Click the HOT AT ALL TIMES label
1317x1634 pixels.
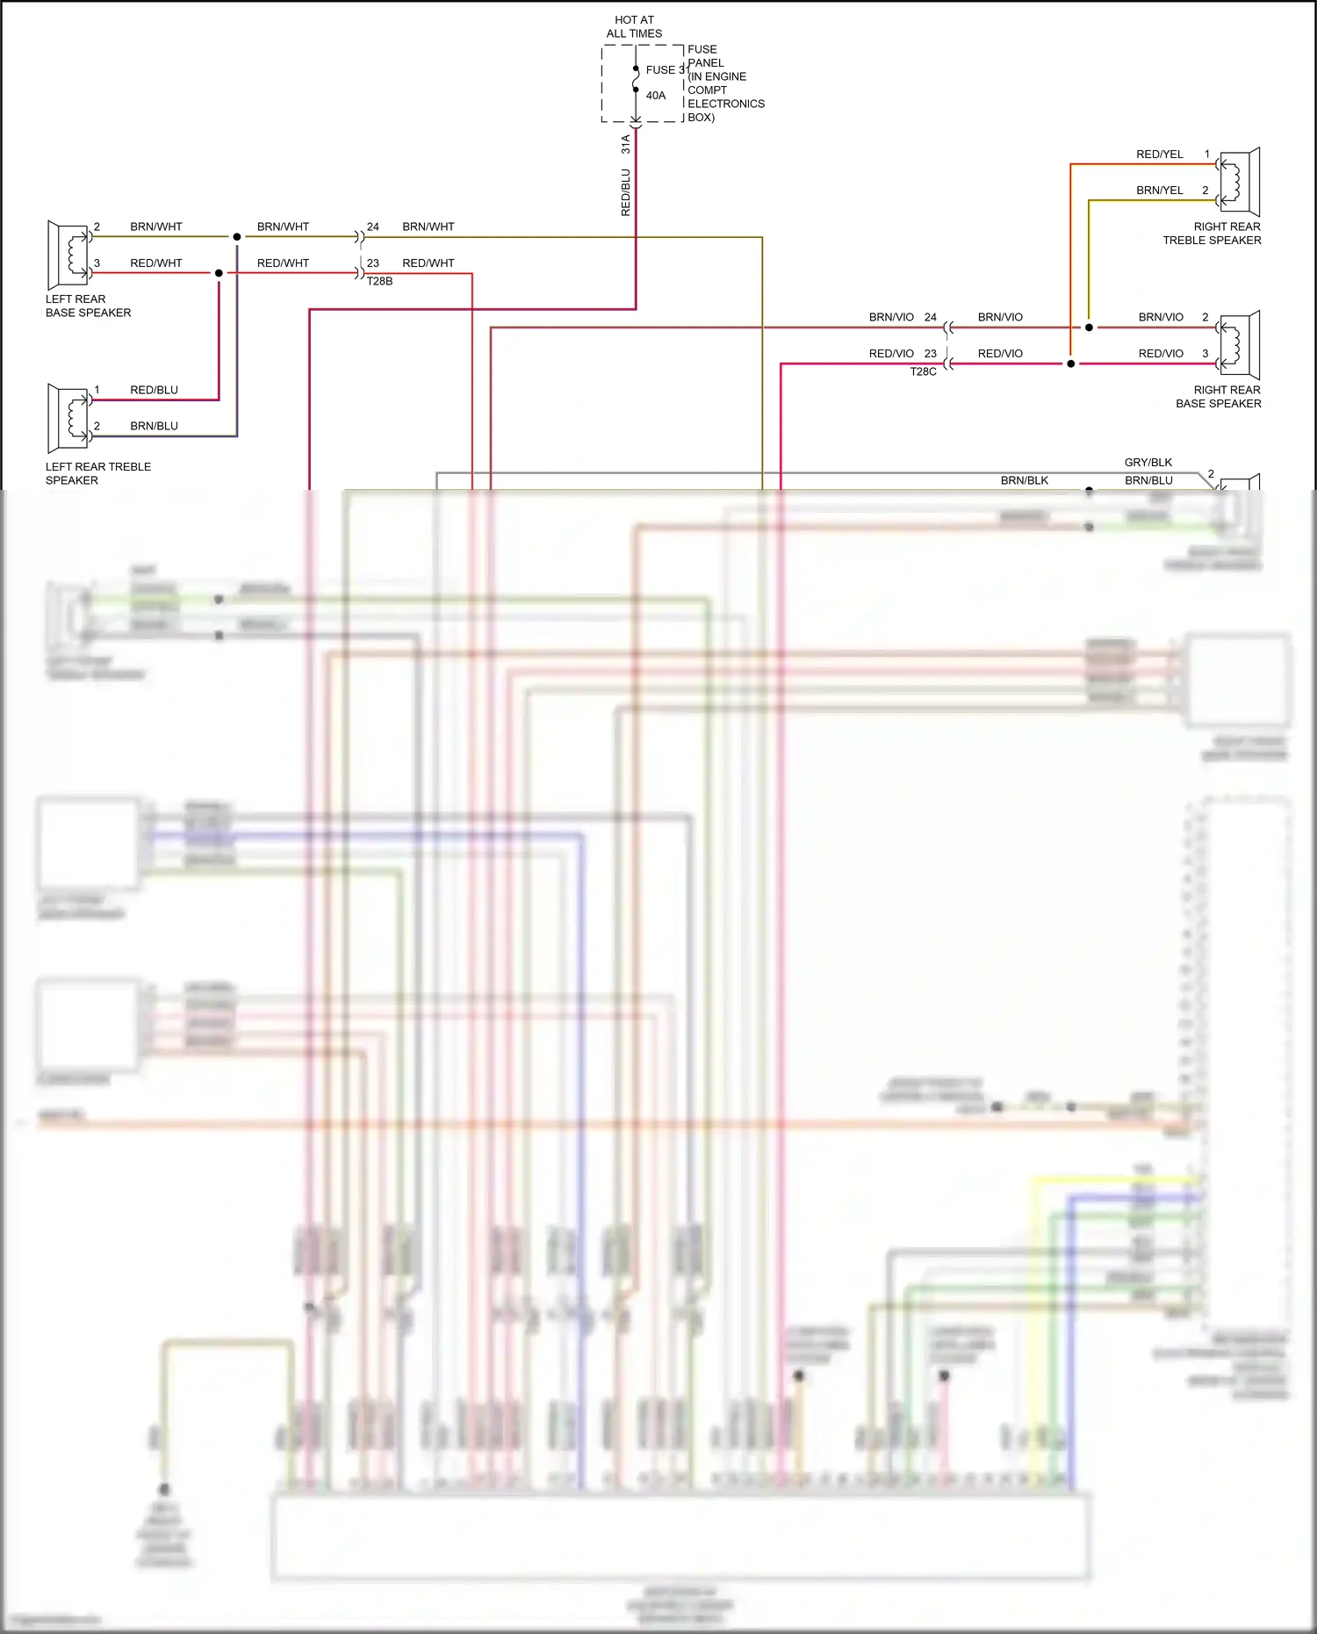(x=634, y=26)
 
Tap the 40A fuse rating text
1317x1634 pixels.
(x=656, y=96)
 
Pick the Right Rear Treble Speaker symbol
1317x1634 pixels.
(x=1239, y=182)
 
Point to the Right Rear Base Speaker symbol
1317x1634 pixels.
(x=1239, y=345)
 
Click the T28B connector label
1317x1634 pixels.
(x=379, y=282)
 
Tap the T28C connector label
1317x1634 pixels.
(x=923, y=372)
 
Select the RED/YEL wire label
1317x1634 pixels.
(x=1159, y=155)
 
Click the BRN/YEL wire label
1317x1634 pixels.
(x=1159, y=191)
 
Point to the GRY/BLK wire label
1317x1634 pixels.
(x=1148, y=463)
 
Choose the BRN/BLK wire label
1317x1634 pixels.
(x=1024, y=481)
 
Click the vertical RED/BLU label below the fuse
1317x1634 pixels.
(x=626, y=193)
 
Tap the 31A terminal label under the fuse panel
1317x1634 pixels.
(x=626, y=144)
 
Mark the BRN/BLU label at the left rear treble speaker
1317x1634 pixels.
(x=154, y=427)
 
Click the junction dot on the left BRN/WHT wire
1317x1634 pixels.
(x=237, y=237)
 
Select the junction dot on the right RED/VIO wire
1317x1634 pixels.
(x=1070, y=364)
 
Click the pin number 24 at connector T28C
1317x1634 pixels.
(x=930, y=318)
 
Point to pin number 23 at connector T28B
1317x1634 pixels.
(x=373, y=263)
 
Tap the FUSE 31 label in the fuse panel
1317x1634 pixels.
(x=667, y=70)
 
